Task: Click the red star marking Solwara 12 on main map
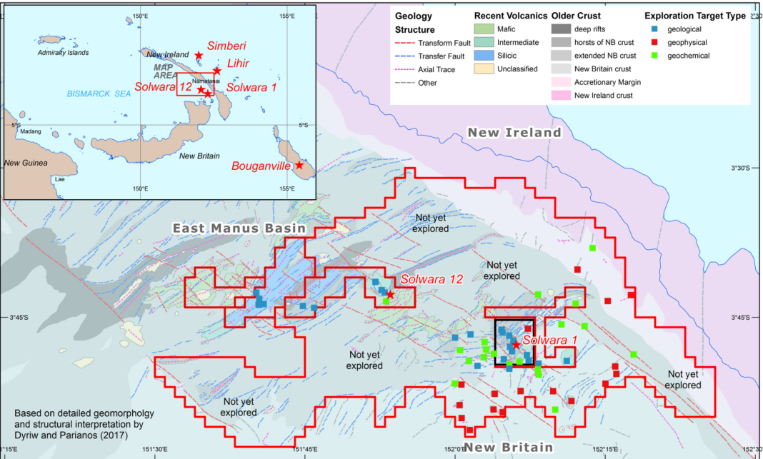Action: coord(390,293)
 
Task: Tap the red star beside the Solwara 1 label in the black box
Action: coord(517,344)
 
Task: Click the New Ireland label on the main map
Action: coord(514,132)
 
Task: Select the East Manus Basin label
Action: coord(239,228)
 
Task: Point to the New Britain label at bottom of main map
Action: coord(508,447)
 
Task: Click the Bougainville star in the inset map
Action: coord(299,166)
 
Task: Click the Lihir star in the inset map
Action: coord(217,71)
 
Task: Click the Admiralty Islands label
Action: coord(63,53)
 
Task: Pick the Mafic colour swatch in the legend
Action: coord(484,29)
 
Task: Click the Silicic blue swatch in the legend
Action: coord(484,56)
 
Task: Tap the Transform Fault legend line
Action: coord(405,43)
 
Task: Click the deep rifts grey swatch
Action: coord(562,29)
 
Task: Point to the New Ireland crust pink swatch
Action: coord(562,95)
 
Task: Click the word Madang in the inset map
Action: coord(31,131)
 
